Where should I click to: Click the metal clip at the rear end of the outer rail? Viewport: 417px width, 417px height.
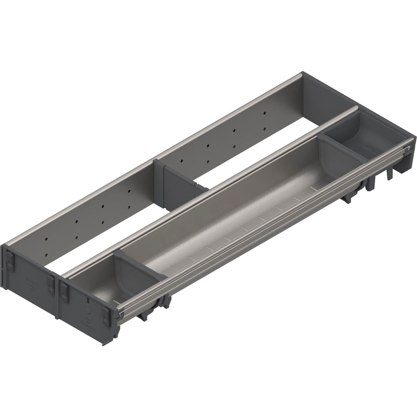pos(407,149)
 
